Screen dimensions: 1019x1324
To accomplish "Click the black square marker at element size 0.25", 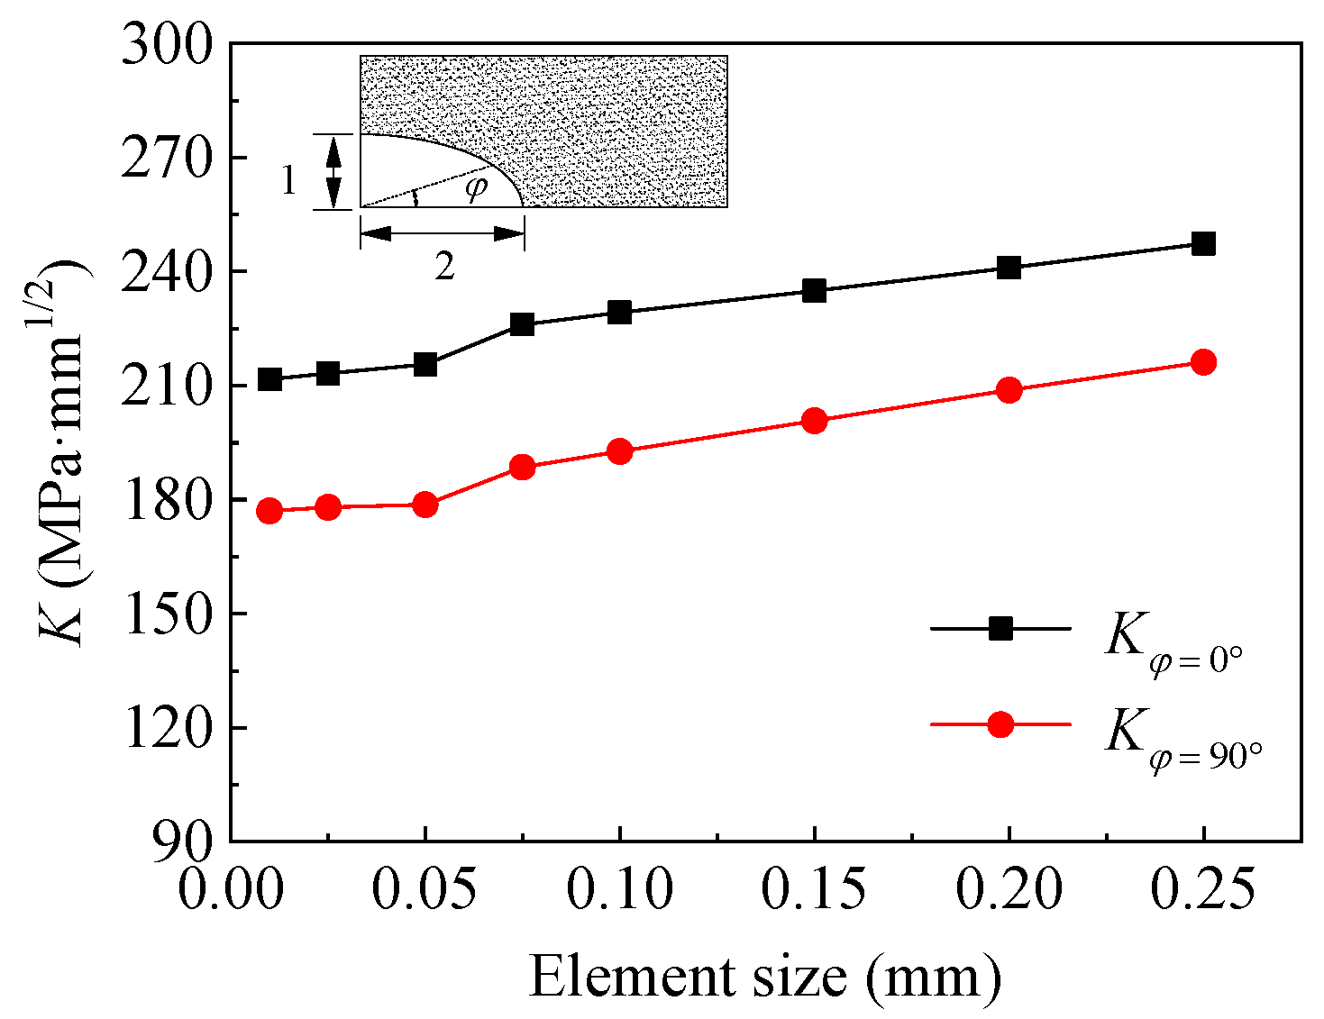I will pyautogui.click(x=1203, y=244).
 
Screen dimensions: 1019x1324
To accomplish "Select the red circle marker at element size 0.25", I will pyautogui.click(x=1203, y=362).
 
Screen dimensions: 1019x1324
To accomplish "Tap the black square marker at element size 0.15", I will pyautogui.click(x=814, y=291).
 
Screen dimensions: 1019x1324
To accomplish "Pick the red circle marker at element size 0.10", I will pyautogui.click(x=619, y=451).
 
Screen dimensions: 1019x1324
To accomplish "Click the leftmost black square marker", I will pyautogui.click(x=269, y=379).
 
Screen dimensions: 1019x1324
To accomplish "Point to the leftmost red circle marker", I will pyautogui.click(x=269, y=512).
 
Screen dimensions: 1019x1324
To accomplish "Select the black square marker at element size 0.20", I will pyautogui.click(x=1009, y=268).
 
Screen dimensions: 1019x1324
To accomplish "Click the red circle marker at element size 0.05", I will pyautogui.click(x=425, y=505).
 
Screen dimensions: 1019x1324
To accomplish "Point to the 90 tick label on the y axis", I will pyautogui.click(x=184, y=841).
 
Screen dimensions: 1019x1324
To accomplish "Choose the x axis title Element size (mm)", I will pyautogui.click(x=764, y=978).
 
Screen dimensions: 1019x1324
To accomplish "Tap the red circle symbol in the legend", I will pyautogui.click(x=1000, y=724).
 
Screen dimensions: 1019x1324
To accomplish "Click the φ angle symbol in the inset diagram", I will pyautogui.click(x=475, y=188).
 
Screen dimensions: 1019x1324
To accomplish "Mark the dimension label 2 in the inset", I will pyautogui.click(x=444, y=267).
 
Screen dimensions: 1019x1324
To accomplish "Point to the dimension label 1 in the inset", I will pyautogui.click(x=288, y=181).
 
